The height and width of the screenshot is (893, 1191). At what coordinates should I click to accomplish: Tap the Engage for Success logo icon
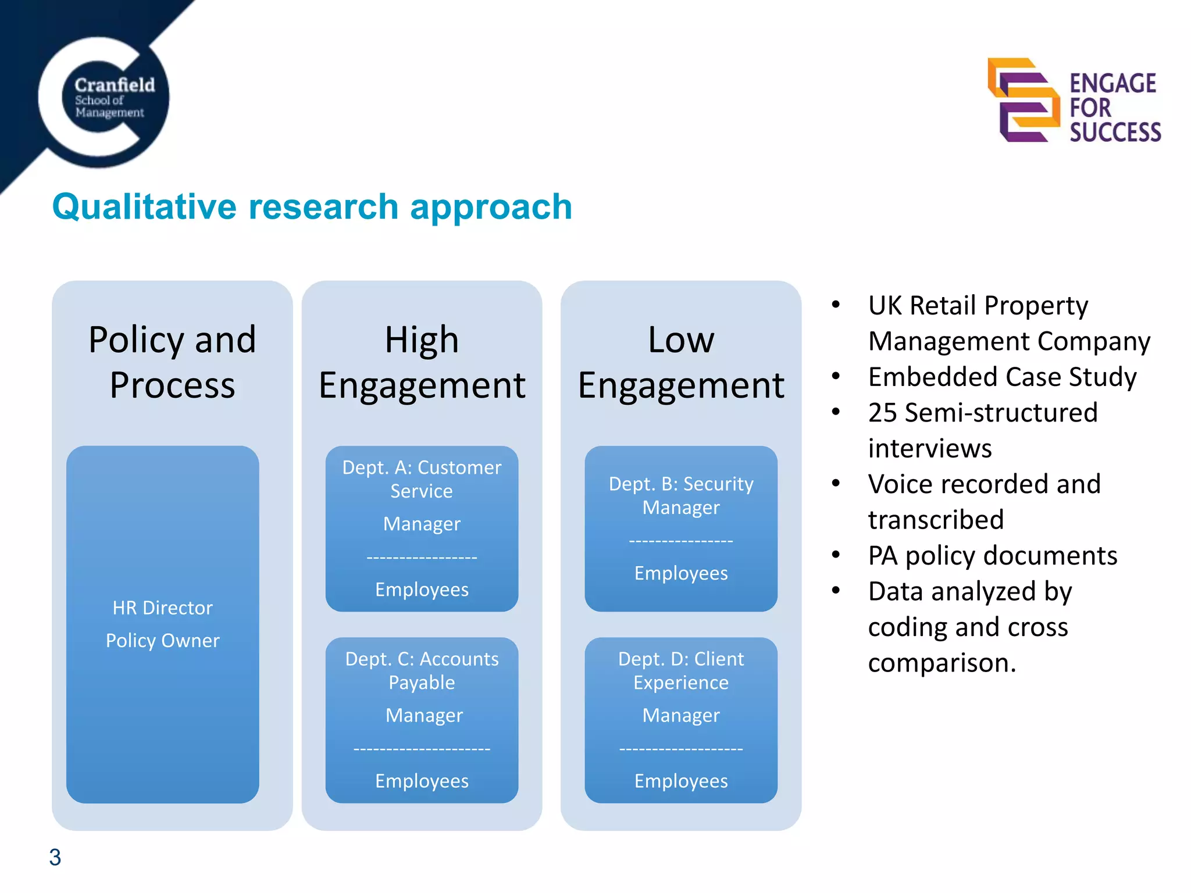[1024, 100]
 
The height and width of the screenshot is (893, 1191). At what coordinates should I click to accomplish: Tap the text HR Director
[163, 608]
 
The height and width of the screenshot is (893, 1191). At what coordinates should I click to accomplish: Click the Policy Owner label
[163, 640]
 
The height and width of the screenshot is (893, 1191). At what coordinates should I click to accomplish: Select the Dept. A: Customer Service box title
[422, 478]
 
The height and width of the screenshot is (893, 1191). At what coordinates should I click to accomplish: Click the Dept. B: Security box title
[681, 484]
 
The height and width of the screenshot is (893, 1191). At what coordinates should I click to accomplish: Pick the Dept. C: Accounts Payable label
[422, 670]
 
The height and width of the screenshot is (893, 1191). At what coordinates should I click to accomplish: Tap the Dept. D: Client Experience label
[681, 670]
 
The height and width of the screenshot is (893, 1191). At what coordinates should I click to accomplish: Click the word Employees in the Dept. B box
[681, 573]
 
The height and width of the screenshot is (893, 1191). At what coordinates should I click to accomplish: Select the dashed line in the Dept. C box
[422, 749]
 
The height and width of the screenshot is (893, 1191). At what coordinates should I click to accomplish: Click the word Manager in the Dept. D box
[681, 715]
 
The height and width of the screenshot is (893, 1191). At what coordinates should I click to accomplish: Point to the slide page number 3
[55, 857]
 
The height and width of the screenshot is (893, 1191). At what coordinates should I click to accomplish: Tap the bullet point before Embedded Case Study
[836, 376]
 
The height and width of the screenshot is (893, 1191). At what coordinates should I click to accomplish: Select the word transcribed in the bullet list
[936, 520]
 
